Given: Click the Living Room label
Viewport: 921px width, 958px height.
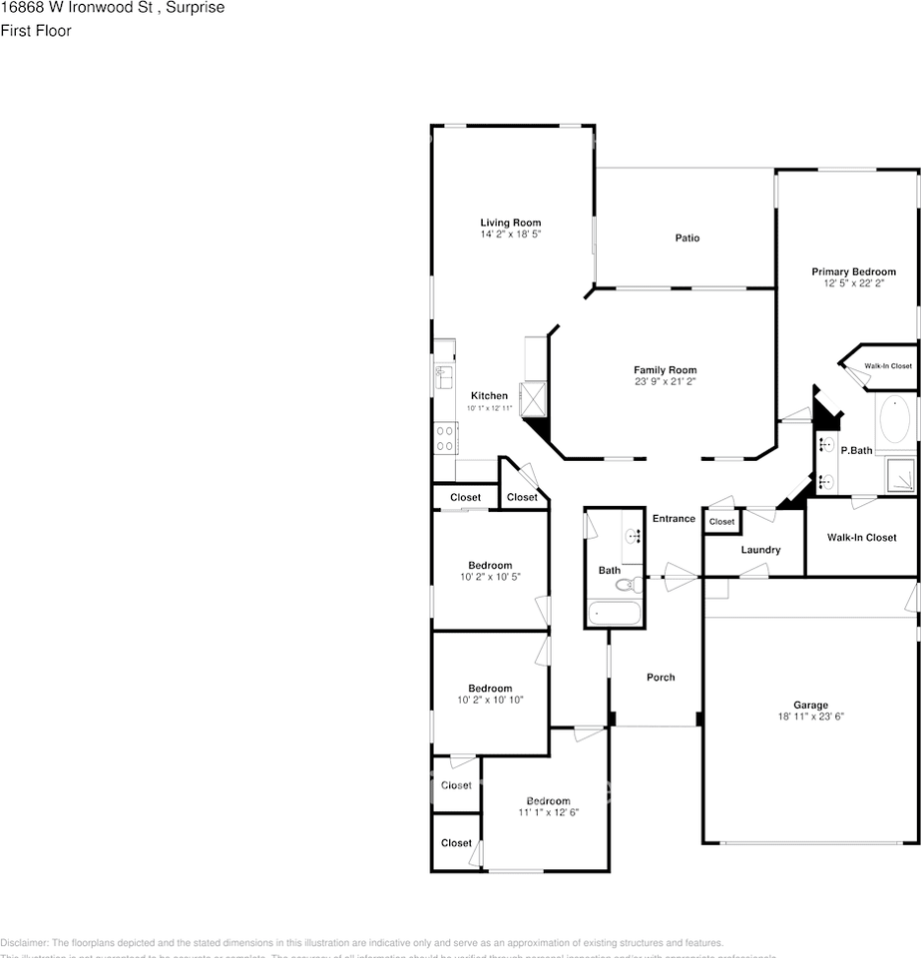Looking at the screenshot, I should (510, 223).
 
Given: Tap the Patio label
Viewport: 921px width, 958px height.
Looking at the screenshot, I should (687, 238).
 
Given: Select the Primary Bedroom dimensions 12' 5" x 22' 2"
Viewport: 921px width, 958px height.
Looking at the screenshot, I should (853, 283).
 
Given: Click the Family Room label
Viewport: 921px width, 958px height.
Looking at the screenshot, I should (665, 370).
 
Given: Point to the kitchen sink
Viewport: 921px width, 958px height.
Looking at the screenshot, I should (442, 376).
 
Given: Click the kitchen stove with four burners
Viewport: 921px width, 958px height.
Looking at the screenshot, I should (444, 437).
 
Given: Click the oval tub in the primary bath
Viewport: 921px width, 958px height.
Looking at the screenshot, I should (896, 422).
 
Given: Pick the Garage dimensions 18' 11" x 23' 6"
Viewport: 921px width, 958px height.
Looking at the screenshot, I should (810, 717).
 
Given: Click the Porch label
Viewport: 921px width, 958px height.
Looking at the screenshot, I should (661, 677).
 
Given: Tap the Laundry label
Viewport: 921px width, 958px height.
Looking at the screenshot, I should (760, 550).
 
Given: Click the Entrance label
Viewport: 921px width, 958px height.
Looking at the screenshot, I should (674, 518).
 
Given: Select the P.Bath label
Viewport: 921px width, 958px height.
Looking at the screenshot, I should (856, 451).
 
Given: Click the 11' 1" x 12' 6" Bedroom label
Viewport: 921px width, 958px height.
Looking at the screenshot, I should (548, 801).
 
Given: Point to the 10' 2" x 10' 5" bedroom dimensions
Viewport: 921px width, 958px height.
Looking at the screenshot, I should (489, 577).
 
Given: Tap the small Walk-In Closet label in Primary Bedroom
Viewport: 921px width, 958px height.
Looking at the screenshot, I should (887, 366).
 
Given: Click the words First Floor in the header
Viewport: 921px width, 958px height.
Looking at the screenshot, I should (35, 31).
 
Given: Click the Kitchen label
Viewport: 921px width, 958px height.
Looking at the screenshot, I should (489, 396).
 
